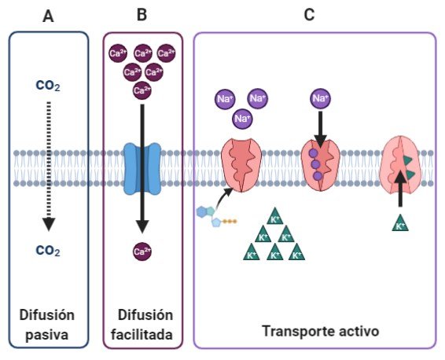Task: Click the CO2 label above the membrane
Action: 48,84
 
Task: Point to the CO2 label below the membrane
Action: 48,251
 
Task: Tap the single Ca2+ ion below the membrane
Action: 142,252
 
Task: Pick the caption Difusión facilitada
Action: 142,325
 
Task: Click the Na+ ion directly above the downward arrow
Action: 320,98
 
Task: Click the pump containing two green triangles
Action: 400,163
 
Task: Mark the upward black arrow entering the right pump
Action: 400,189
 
